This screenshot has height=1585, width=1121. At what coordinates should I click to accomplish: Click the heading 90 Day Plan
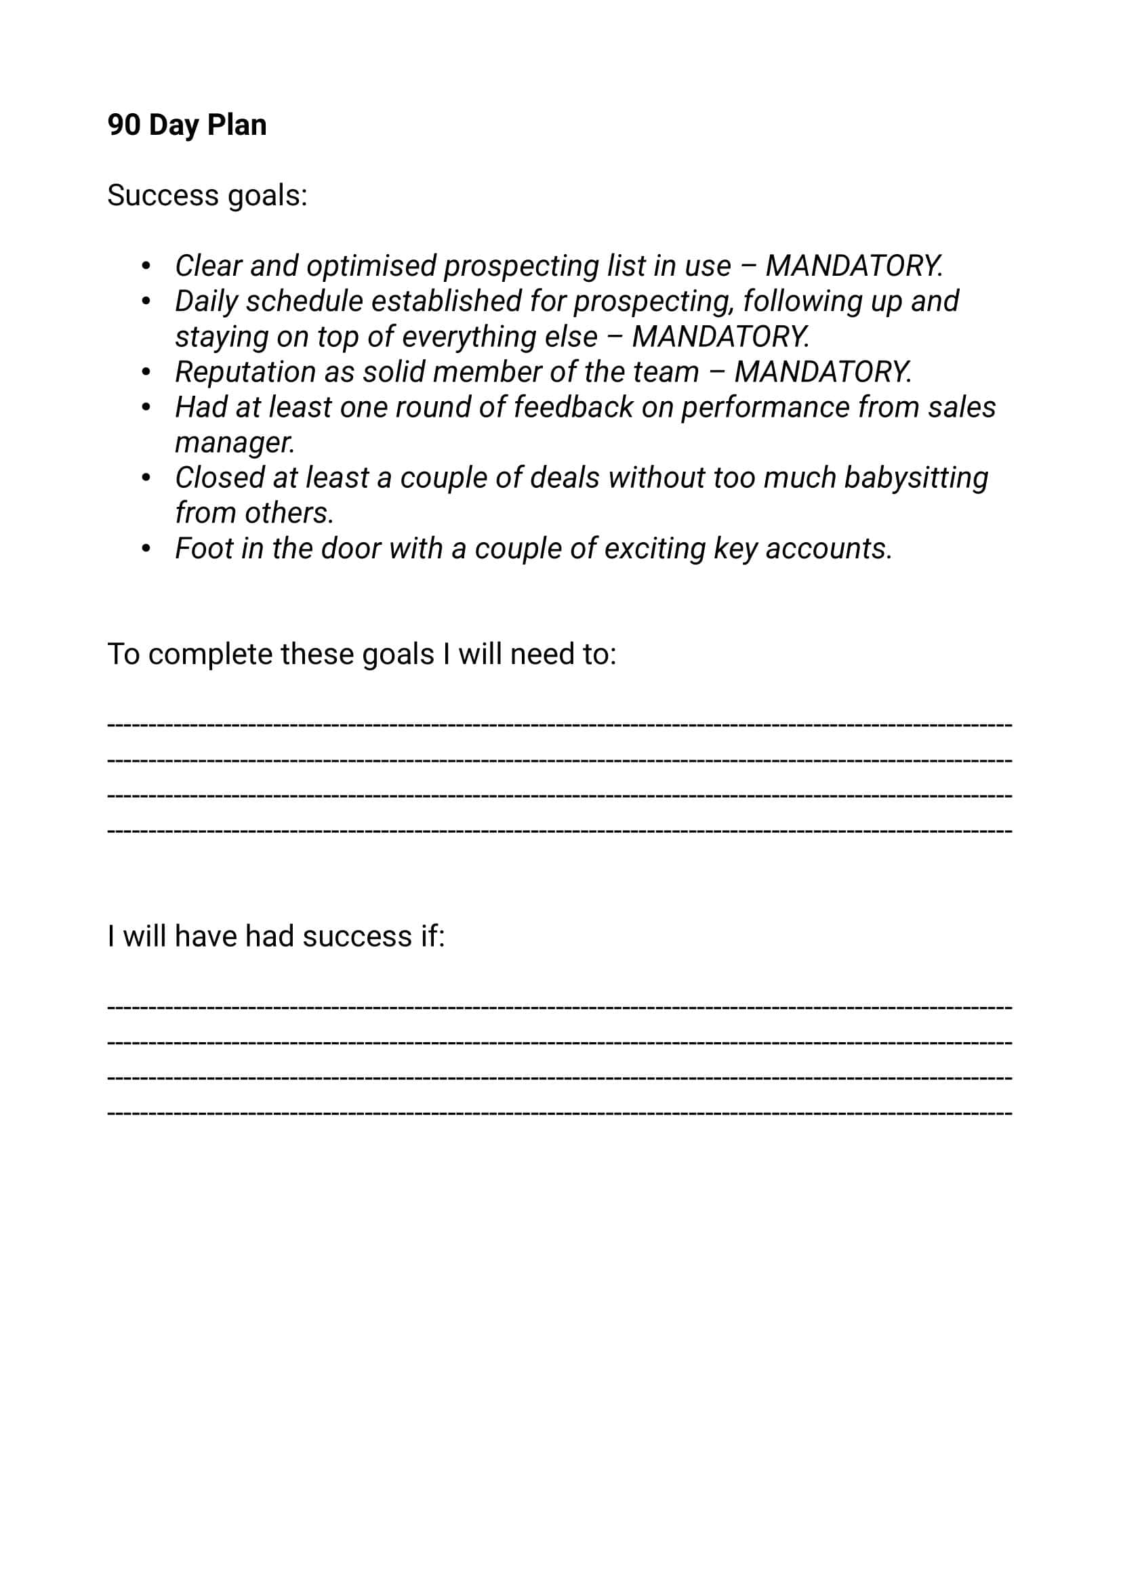click(x=186, y=125)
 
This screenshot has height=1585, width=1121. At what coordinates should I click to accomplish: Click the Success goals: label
click(x=207, y=195)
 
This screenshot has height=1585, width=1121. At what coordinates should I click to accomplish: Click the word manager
click(x=235, y=442)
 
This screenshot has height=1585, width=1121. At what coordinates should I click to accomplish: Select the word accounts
click(x=828, y=549)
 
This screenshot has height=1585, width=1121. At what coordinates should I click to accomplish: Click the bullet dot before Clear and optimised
click(x=146, y=266)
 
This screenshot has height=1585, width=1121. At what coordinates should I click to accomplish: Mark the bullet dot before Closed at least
click(x=146, y=478)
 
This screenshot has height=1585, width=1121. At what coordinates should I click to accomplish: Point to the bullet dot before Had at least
click(x=146, y=408)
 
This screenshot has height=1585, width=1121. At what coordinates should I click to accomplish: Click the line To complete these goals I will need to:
click(x=362, y=655)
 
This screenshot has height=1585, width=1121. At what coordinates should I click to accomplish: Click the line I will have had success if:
click(x=276, y=936)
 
